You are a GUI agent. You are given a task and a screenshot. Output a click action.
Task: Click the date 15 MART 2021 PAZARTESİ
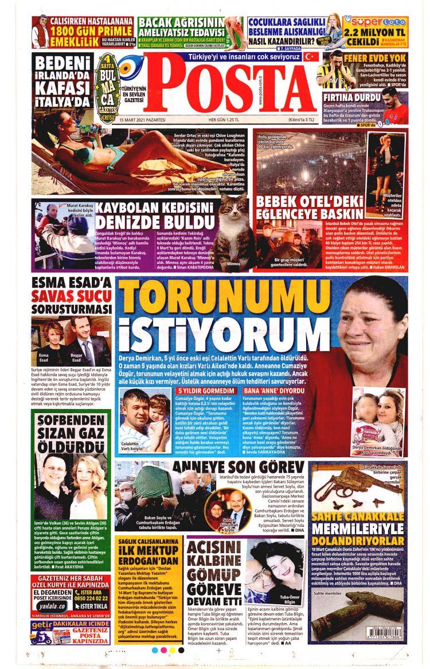(x=142, y=120)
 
